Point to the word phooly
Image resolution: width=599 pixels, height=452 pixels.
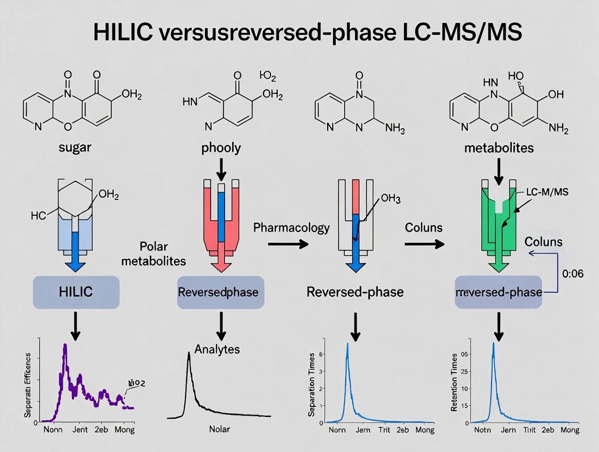pos(221,147)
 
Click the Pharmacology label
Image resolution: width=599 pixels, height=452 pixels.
pos(291,227)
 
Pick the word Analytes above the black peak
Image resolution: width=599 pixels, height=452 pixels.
pos(217,349)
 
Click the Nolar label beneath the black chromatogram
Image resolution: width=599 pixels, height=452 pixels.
pos(219,429)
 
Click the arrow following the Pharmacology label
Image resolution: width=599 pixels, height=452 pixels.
pos(288,244)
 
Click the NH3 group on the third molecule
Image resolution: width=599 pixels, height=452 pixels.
pos(395,128)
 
